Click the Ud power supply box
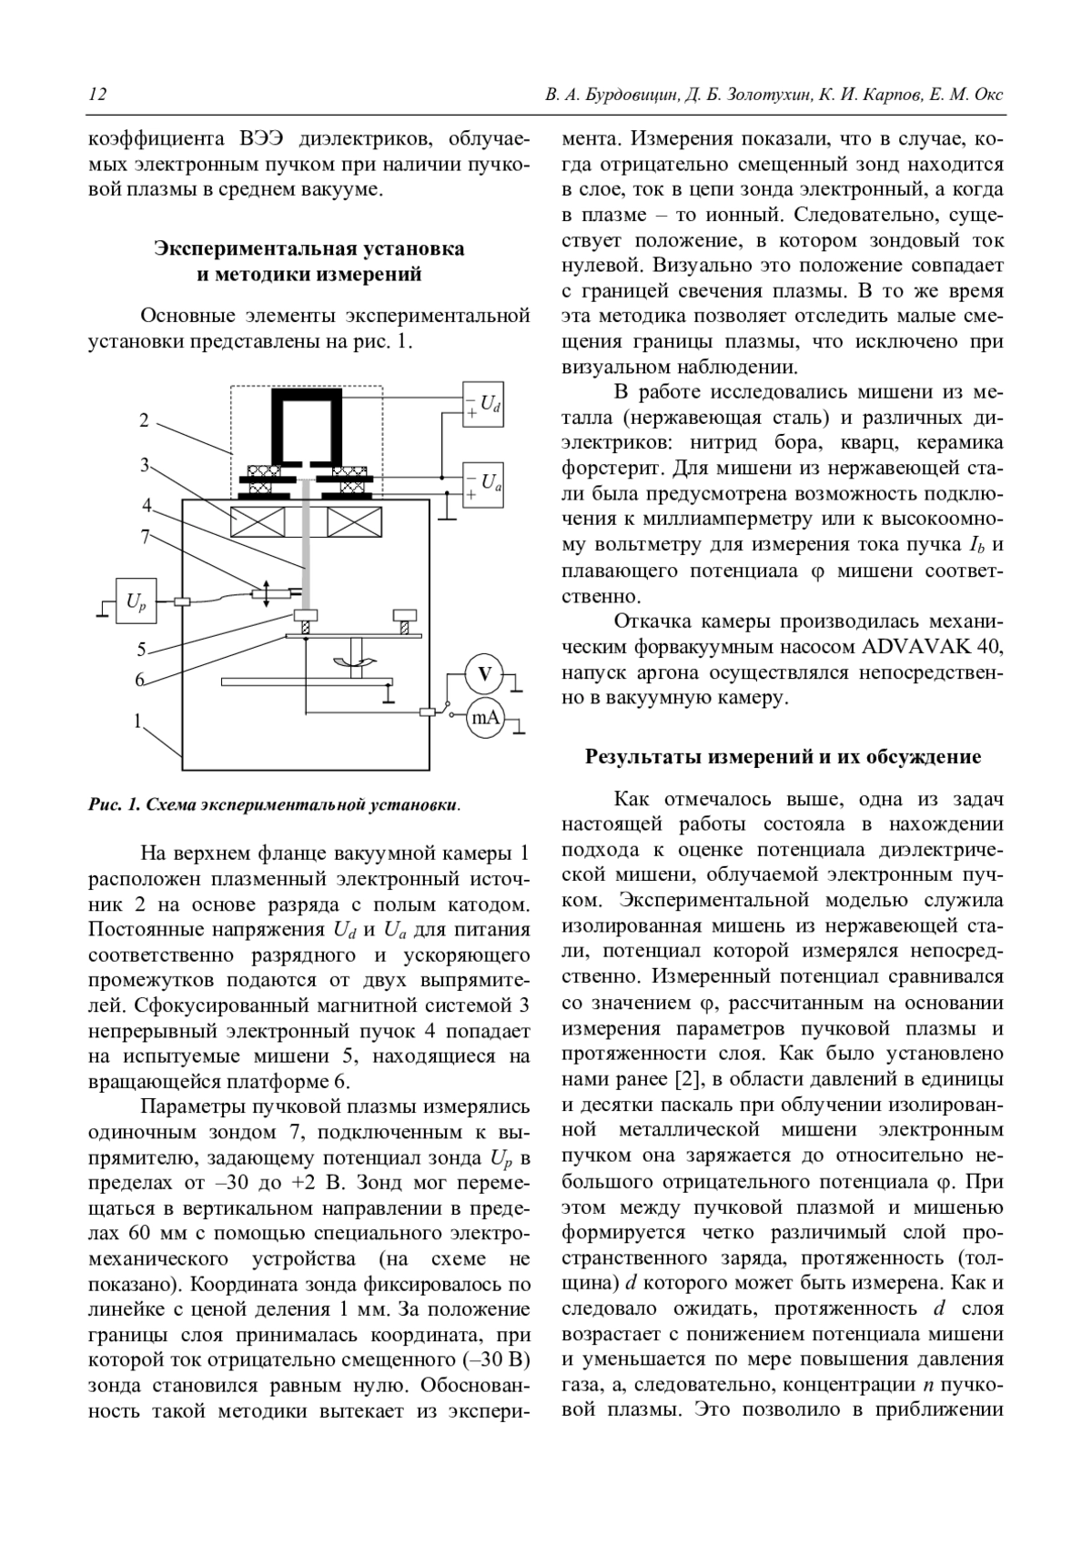482,403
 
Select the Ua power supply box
482,482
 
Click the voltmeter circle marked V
484,674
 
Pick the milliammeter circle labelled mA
484,718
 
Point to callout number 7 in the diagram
146,537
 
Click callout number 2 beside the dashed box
145,420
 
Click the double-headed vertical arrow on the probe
265,593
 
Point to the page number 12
97,96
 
